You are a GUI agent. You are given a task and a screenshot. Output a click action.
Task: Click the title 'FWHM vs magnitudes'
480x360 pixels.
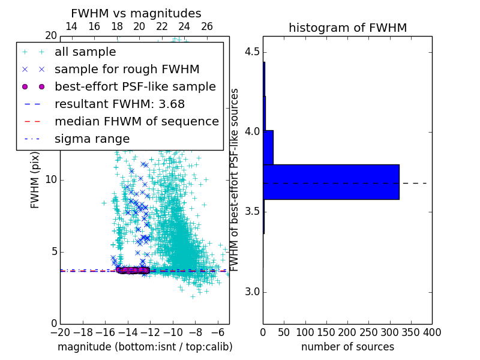tap(136, 13)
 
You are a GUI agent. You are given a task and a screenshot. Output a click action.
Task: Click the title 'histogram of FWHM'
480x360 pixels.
tap(347, 28)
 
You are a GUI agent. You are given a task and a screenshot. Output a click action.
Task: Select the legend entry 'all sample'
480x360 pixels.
tap(85, 52)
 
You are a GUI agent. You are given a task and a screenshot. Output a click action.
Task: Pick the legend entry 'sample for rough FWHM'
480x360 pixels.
tap(127, 69)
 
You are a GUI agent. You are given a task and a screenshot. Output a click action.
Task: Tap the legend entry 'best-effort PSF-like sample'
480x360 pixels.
tap(135, 86)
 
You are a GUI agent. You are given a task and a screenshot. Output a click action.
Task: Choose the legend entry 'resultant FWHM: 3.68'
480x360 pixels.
tap(119, 104)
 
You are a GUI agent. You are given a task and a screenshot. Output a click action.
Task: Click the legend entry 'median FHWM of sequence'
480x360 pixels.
tap(136, 121)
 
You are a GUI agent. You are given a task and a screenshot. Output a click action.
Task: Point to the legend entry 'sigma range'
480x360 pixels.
tap(92, 139)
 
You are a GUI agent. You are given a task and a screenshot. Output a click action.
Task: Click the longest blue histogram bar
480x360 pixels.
tap(331, 182)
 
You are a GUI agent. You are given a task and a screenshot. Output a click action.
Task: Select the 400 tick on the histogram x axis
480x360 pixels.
tap(432, 332)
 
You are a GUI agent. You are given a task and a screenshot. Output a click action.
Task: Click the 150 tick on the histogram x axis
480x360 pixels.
tap(326, 332)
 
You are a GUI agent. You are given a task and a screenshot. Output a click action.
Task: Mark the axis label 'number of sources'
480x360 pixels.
tap(347, 347)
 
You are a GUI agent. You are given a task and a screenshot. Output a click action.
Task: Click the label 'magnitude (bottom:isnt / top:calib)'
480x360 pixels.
tap(145, 347)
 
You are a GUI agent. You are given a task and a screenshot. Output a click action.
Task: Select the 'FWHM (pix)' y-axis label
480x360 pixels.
tap(35, 180)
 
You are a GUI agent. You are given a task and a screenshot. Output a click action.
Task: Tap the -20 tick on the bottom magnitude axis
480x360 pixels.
tap(60, 332)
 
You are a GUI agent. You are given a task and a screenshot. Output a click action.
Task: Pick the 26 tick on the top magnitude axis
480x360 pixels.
tap(207, 26)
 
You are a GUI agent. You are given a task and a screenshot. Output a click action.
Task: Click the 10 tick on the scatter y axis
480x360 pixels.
tap(51, 180)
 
